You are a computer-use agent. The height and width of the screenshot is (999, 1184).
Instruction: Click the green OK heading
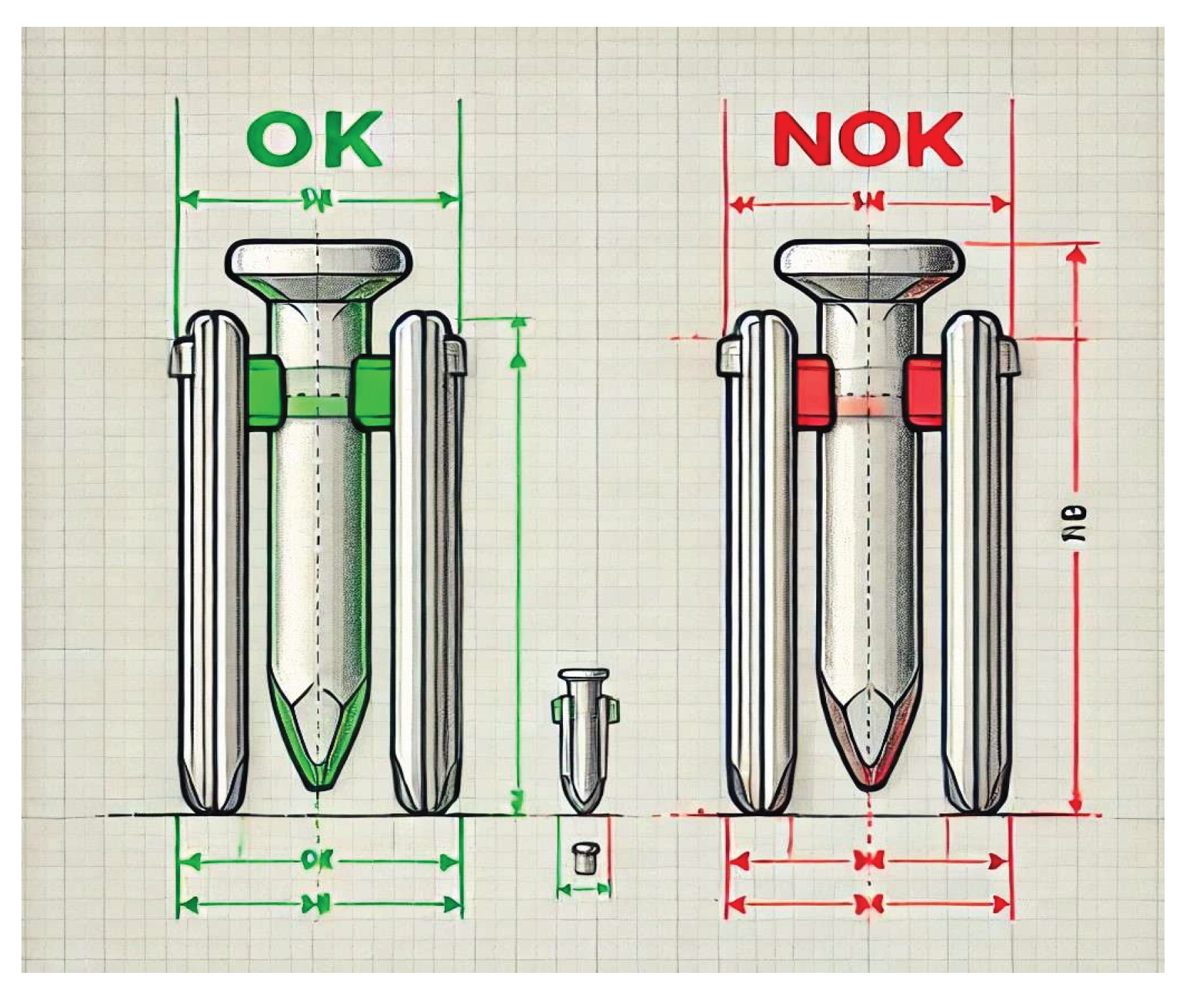[x=315, y=139]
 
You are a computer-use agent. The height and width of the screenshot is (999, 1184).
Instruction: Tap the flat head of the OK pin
[x=318, y=259]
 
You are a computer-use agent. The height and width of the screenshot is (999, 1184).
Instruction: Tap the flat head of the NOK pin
[x=870, y=259]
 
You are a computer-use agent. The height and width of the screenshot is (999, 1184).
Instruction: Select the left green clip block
[x=264, y=392]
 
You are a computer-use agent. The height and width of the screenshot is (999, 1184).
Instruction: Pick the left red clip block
[x=812, y=392]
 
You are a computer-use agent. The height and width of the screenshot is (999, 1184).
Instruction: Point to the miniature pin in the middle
[x=584, y=737]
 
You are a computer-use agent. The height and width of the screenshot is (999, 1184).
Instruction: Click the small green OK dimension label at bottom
[x=312, y=860]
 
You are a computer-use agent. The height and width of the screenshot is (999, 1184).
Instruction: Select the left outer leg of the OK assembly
[x=213, y=563]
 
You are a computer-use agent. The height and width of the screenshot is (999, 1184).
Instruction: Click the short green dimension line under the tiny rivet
[x=584, y=890]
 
